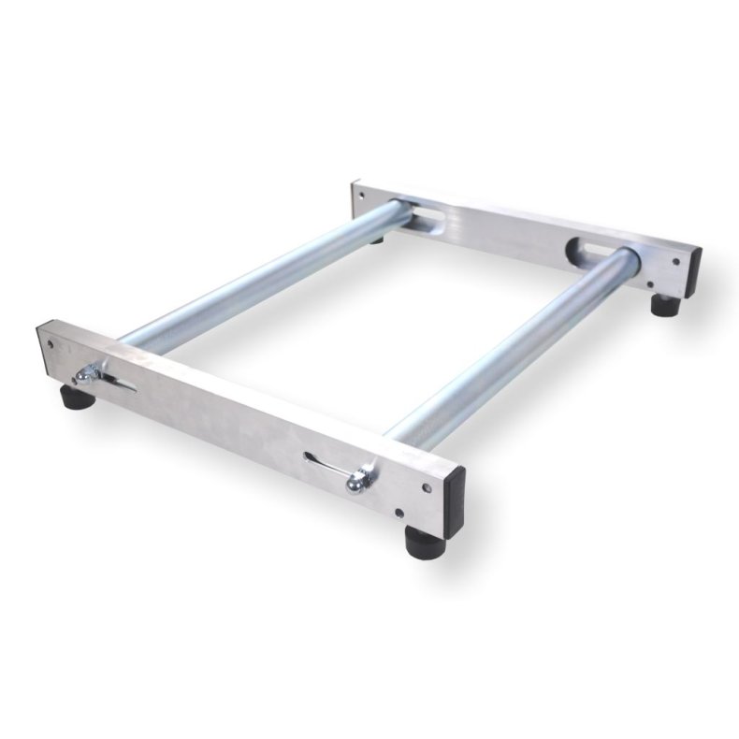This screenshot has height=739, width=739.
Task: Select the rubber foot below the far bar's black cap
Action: pyautogui.click(x=664, y=305)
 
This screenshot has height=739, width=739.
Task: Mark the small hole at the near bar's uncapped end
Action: pyautogui.click(x=51, y=342)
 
